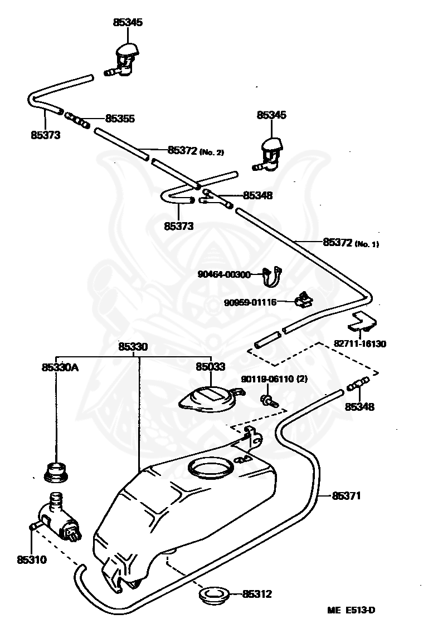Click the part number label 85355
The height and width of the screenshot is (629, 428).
pyautogui.click(x=120, y=119)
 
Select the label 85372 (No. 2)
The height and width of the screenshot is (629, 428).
pyautogui.click(x=195, y=150)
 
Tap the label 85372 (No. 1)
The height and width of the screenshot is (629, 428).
pyautogui.click(x=351, y=242)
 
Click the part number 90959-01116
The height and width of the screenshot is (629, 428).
pyautogui.click(x=250, y=302)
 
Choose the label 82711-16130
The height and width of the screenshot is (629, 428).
pyautogui.click(x=359, y=344)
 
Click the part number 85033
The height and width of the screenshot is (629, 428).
pyautogui.click(x=210, y=367)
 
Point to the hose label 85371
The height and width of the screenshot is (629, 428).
pyautogui.click(x=347, y=495)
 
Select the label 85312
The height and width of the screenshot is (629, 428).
pyautogui.click(x=257, y=594)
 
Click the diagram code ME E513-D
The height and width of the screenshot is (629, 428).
pyautogui.click(x=351, y=610)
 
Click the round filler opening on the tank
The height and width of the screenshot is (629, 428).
pyautogui.click(x=211, y=469)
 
